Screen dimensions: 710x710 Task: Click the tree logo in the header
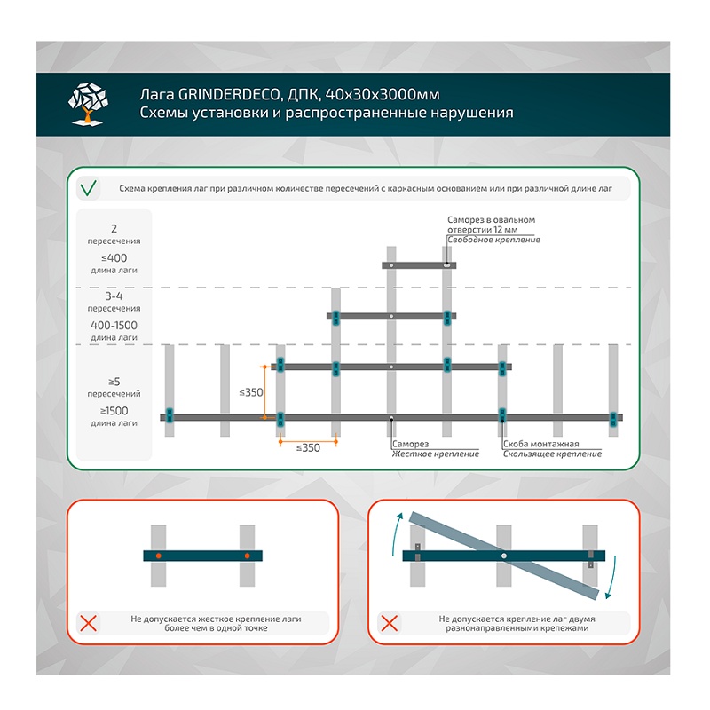88,104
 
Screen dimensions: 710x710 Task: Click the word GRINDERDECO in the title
229,94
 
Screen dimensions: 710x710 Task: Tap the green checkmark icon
88,188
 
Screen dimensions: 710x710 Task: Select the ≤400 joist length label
114,258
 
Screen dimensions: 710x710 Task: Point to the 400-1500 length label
114,325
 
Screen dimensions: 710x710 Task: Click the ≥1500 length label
114,411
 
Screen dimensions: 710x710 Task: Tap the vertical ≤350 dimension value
251,392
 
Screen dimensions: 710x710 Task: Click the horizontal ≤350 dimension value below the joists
308,448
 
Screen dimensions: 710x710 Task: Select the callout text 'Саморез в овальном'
492,219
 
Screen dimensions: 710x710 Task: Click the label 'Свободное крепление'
494,240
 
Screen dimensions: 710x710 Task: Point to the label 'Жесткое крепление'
436,454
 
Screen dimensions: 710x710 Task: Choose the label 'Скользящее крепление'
552,454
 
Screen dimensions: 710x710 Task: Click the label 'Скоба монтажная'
541,444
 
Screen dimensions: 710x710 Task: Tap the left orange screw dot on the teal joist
159,556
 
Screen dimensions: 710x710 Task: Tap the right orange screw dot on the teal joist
248,556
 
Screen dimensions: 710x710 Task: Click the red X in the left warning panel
88,624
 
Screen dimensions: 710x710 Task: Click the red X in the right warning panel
390,624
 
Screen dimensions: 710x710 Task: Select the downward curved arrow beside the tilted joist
612,578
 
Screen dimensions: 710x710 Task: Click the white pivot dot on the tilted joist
504,556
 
